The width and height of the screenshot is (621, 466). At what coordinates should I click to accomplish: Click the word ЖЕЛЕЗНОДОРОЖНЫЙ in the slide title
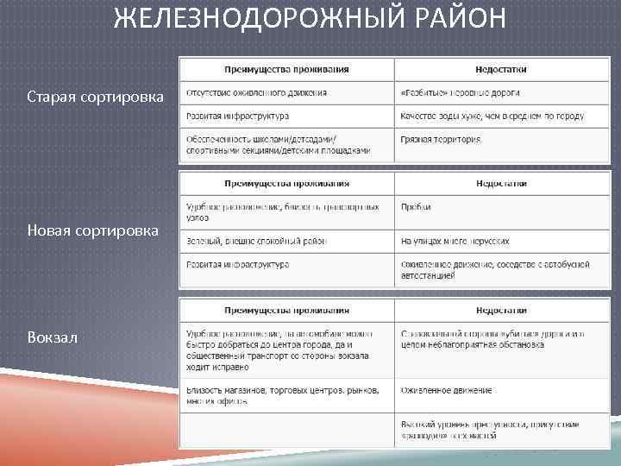(259, 19)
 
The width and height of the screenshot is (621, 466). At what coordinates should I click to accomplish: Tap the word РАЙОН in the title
(457, 19)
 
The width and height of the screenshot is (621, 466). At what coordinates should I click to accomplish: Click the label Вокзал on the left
(53, 337)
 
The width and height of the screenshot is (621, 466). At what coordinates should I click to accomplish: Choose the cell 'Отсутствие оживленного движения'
(256, 92)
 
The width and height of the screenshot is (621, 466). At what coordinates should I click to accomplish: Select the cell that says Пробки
(416, 207)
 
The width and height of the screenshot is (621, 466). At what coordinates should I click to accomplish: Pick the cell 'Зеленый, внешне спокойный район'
(256, 242)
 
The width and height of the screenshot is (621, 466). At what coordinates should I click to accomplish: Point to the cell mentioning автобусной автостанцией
(494, 270)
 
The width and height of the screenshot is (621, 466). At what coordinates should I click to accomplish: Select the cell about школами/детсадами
(278, 145)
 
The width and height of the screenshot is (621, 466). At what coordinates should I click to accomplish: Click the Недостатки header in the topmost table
(501, 69)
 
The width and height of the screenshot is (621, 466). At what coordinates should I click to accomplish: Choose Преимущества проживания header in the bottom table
(286, 310)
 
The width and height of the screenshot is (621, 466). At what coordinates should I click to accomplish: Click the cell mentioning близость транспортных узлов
(283, 212)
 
